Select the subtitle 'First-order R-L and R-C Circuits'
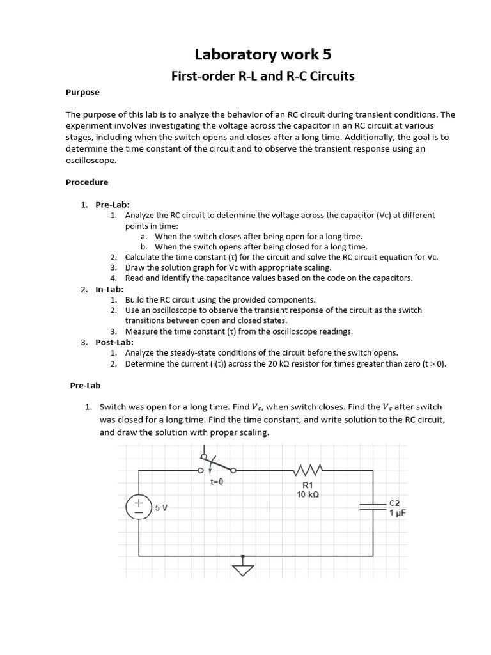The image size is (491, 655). (262, 76)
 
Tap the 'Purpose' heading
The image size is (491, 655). (82, 92)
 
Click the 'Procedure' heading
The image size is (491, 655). (87, 182)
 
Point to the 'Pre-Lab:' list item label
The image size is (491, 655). (113, 205)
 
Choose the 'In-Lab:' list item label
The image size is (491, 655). (111, 289)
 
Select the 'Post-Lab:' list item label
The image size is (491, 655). (114, 342)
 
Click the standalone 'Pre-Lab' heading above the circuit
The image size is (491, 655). (85, 386)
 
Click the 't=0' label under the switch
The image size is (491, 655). (217, 482)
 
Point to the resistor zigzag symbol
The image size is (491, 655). (308, 471)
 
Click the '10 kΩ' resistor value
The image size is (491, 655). (308, 494)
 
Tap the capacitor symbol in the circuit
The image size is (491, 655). (373, 507)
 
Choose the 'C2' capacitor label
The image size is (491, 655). (394, 503)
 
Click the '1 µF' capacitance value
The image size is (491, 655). (398, 513)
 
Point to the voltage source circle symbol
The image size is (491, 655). (139, 507)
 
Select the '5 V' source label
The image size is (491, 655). (161, 508)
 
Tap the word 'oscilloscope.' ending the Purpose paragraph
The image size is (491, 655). (91, 161)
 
